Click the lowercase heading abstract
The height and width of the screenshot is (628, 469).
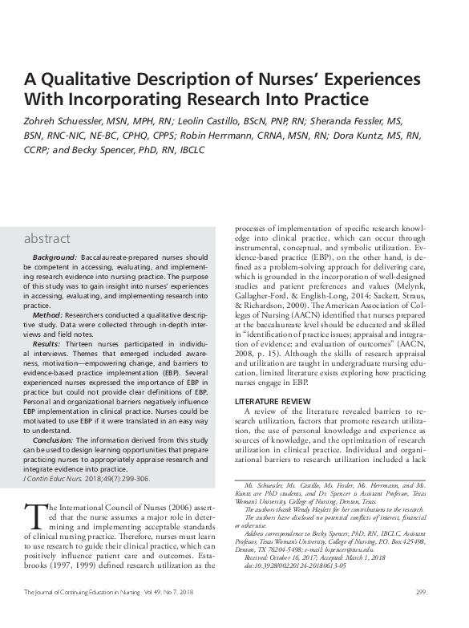[x=47, y=238]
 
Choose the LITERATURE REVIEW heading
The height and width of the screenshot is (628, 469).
[x=273, y=400]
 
